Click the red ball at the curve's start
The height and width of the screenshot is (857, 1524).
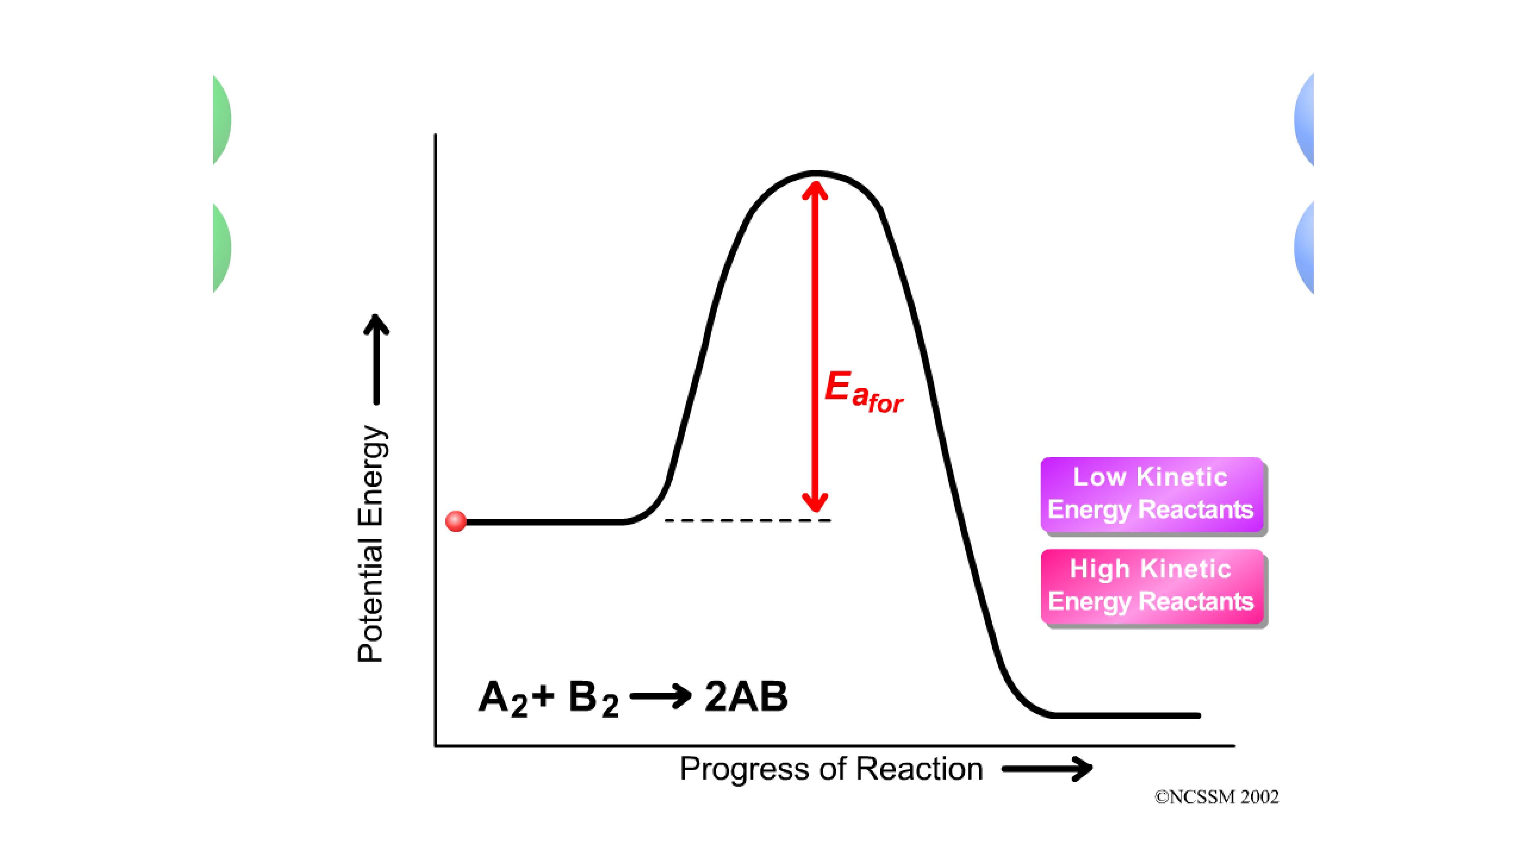click(456, 521)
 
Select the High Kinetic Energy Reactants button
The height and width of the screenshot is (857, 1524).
click(1152, 586)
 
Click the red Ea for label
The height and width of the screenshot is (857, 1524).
click(864, 392)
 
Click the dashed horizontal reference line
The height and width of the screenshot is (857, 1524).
click(748, 521)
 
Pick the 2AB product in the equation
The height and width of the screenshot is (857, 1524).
click(746, 696)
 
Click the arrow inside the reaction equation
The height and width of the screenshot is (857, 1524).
click(661, 696)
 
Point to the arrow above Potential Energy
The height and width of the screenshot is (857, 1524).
click(376, 359)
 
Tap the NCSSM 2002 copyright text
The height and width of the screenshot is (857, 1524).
click(1216, 797)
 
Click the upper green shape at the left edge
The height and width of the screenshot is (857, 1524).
click(221, 120)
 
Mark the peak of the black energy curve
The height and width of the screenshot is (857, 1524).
click(815, 173)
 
